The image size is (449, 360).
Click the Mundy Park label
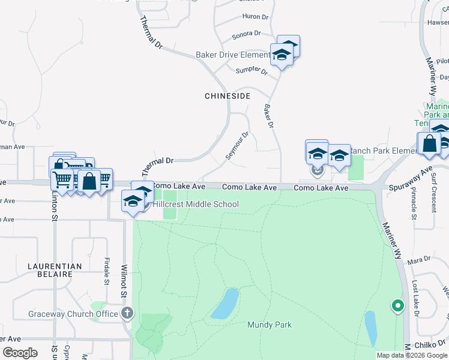(x=270, y=325)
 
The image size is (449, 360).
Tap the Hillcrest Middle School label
(x=196, y=205)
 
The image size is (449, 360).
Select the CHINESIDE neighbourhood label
(x=228, y=96)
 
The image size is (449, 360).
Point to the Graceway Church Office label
(x=73, y=314)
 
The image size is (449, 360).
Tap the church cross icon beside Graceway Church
(x=127, y=313)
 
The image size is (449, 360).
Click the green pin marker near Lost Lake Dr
(x=397, y=306)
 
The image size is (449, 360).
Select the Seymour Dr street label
(x=237, y=146)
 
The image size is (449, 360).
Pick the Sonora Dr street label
(x=247, y=34)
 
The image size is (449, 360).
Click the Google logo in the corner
(x=20, y=353)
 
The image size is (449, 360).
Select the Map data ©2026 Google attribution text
(x=412, y=355)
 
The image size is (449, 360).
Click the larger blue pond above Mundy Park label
(x=225, y=304)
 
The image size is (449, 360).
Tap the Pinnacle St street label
(x=414, y=204)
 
